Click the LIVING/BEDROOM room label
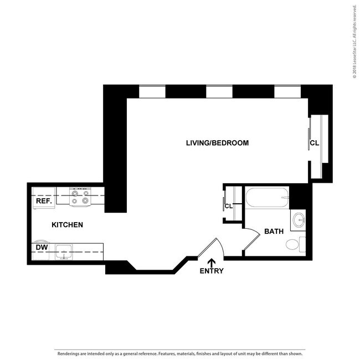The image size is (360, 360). coord(217,143)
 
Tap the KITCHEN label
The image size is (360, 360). coord(67,225)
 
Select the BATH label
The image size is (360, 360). coord(274,231)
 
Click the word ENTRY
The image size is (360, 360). coord(212,271)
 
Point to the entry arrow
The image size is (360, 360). coord(211,261)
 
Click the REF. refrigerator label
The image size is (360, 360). coord(44,202)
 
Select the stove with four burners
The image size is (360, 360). coord(80,197)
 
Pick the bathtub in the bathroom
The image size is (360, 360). coord(268,197)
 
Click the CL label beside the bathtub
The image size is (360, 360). coord(228,206)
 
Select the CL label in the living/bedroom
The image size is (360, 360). coord(314,143)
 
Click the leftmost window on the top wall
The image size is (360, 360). coord(152,91)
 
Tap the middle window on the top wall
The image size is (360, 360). coord(219,91)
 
